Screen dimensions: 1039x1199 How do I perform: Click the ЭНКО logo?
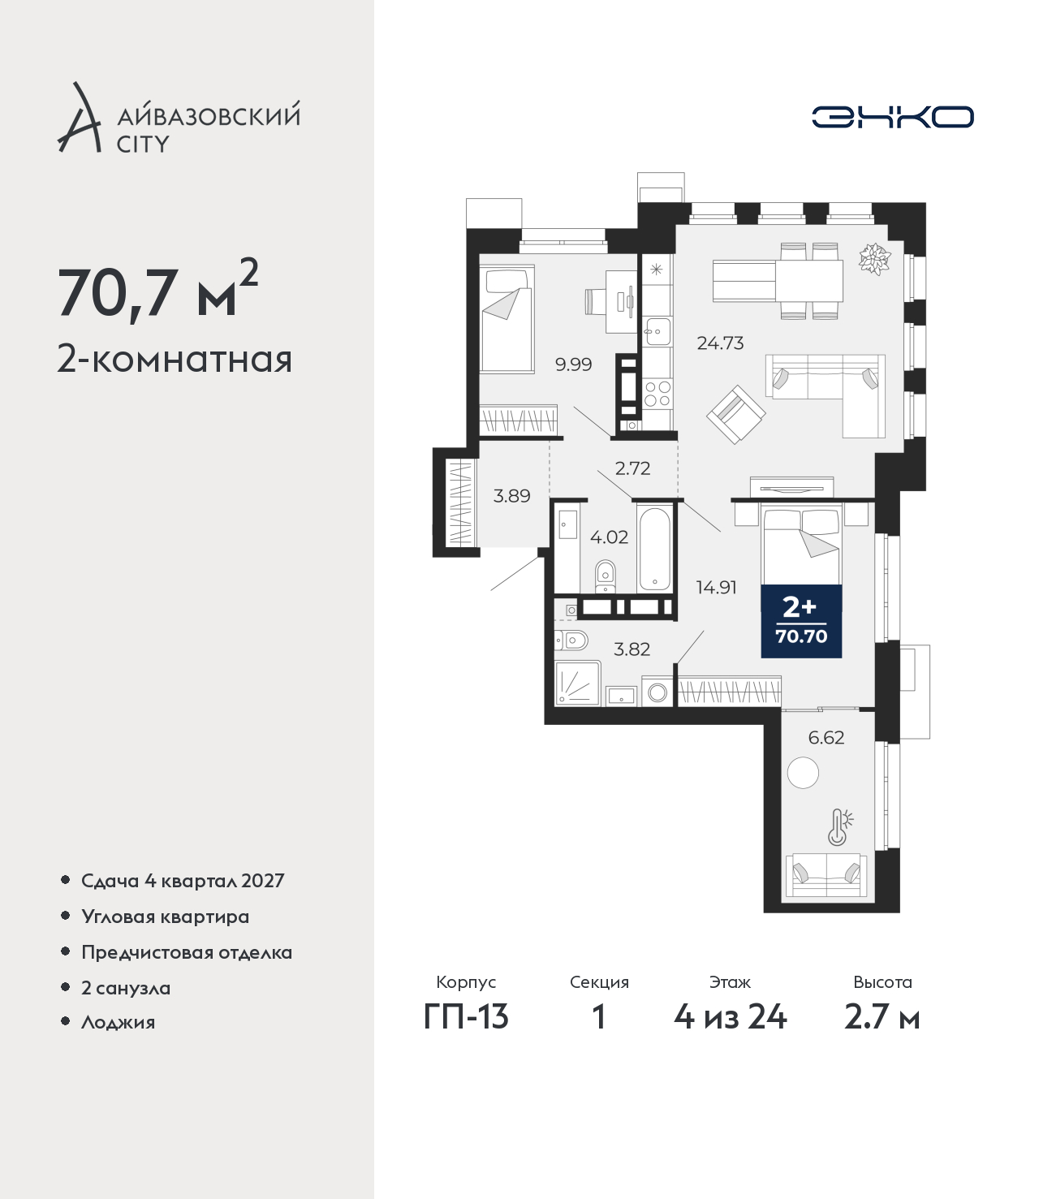(x=892, y=117)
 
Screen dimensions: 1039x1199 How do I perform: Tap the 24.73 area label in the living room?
(x=720, y=343)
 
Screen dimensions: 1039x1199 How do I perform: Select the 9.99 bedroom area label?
(x=573, y=364)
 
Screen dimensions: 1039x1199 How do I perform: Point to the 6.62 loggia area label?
(x=826, y=737)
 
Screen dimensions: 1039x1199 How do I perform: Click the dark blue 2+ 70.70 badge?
(x=801, y=621)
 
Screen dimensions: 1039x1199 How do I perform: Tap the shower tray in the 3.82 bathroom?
(x=577, y=683)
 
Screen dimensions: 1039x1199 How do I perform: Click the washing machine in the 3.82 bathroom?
(x=657, y=692)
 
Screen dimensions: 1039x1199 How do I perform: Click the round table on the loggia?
(x=803, y=773)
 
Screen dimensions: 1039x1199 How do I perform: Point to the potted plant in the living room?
(x=874, y=259)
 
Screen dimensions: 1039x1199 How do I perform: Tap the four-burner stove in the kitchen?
(x=657, y=393)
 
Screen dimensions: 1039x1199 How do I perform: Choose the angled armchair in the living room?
(x=735, y=414)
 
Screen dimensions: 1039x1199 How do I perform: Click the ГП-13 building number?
(x=466, y=1017)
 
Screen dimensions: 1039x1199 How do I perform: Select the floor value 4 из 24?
(x=730, y=1017)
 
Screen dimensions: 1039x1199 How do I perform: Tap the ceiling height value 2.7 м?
(x=882, y=1017)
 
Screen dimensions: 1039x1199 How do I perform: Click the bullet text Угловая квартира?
(x=166, y=917)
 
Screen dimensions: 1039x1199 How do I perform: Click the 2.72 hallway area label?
(x=632, y=468)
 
